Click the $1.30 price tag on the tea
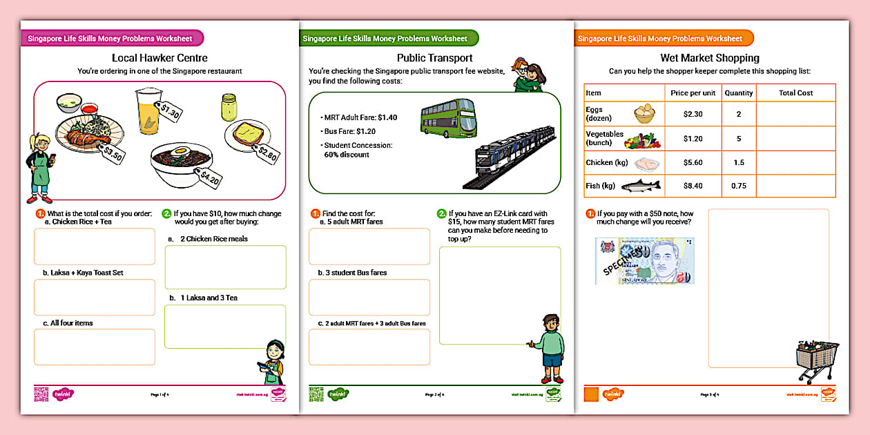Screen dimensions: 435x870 point(170,110)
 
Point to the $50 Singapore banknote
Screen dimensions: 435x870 point(645,261)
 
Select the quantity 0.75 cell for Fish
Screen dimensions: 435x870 point(738,186)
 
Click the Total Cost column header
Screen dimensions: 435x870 point(795,93)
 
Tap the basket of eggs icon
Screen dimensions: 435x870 point(645,115)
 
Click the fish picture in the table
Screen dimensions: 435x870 point(641,186)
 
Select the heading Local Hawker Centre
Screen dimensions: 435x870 point(159,58)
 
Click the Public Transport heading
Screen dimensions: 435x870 point(434,58)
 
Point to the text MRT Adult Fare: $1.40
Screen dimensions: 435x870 point(359,117)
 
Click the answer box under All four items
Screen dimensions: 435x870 point(95,347)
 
